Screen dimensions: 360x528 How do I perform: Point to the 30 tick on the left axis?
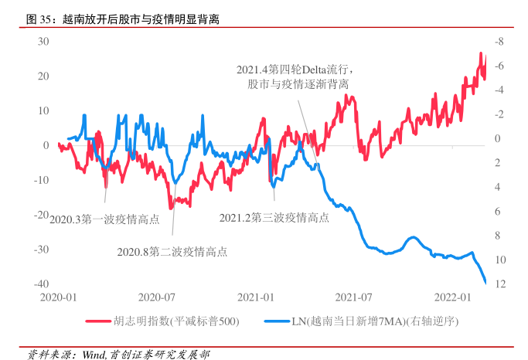pyautogui.click(x=44, y=41)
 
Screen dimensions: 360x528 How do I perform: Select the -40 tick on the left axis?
pyautogui.click(x=43, y=284)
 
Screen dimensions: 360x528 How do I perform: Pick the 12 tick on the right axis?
pyautogui.click(x=499, y=284)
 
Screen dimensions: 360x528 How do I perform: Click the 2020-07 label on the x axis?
pyautogui.click(x=156, y=297)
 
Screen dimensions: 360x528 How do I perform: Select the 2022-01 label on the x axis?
pyautogui.click(x=454, y=297)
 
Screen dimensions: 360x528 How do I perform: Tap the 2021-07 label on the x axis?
pyautogui.click(x=355, y=297)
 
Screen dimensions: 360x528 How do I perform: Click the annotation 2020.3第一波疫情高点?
pyautogui.click(x=104, y=219)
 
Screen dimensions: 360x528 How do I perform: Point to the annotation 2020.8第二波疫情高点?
pyautogui.click(x=172, y=251)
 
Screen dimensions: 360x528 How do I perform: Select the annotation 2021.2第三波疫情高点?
pyautogui.click(x=274, y=219)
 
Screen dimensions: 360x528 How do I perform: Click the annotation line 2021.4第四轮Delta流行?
pyautogui.click(x=295, y=70)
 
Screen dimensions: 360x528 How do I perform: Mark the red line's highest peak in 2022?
pyautogui.click(x=481, y=53)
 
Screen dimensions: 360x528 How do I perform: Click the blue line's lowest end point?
pyautogui.click(x=485, y=283)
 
